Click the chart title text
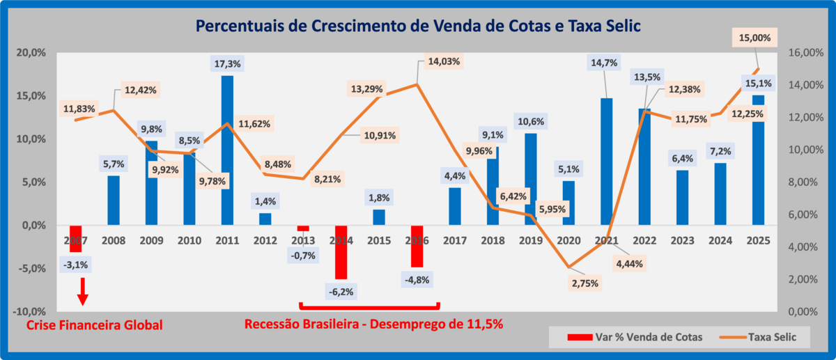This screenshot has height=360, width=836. point(418,26)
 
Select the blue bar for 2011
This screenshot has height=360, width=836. point(227,150)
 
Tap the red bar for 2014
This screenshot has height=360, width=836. point(341,251)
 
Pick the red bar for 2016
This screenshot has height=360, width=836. point(417,246)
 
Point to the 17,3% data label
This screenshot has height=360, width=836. point(227,63)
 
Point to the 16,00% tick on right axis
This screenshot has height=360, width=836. point(805,53)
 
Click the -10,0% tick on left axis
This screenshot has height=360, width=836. point(29,311)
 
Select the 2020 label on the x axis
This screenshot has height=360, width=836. point(568,240)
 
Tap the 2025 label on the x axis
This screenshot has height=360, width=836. point(758,240)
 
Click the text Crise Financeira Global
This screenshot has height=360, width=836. point(94,325)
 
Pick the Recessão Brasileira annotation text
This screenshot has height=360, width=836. point(373,324)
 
